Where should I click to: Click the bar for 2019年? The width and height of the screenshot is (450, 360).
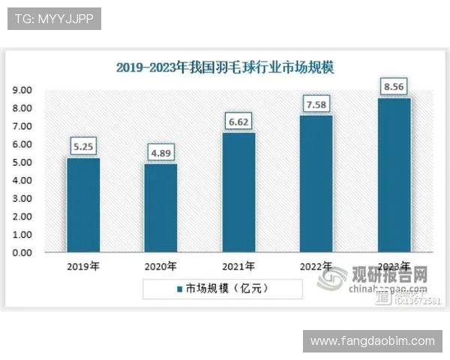pos(83,205)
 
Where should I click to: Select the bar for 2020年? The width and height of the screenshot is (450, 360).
pos(160,208)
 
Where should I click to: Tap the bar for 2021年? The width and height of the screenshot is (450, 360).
pos(238,192)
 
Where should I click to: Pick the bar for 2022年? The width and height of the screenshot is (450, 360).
pos(316,184)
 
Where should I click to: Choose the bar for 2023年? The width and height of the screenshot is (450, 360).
pos(394,175)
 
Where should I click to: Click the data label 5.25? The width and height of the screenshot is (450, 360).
pos(83,147)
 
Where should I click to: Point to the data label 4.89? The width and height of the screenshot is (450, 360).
pos(160,153)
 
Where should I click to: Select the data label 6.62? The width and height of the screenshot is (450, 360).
pos(238,121)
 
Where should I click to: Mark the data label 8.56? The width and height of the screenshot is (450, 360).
pos(394,87)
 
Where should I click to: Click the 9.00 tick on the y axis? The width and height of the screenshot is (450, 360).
pos(21,90)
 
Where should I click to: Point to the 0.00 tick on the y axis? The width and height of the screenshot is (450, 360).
pos(21,253)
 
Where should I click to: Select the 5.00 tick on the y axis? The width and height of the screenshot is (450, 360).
pos(21,163)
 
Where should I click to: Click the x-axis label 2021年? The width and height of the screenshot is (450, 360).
pos(238,266)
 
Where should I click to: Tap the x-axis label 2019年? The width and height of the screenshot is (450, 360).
pos(83,266)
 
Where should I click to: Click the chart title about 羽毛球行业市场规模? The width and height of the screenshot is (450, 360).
pos(224,67)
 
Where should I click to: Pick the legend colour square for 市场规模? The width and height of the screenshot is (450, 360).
pos(180,288)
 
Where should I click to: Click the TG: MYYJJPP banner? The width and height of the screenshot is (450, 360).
pos(54,19)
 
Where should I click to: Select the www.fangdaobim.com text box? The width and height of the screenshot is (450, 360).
pos(372,340)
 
